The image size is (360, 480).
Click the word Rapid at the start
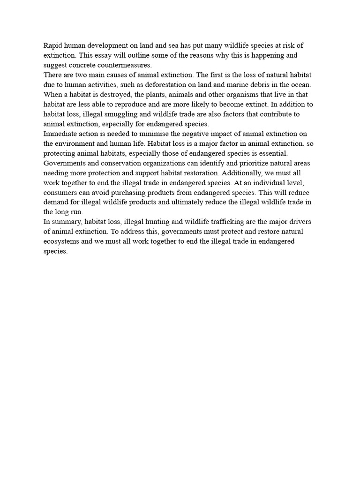[53, 45]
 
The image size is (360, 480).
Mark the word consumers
[60, 193]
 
